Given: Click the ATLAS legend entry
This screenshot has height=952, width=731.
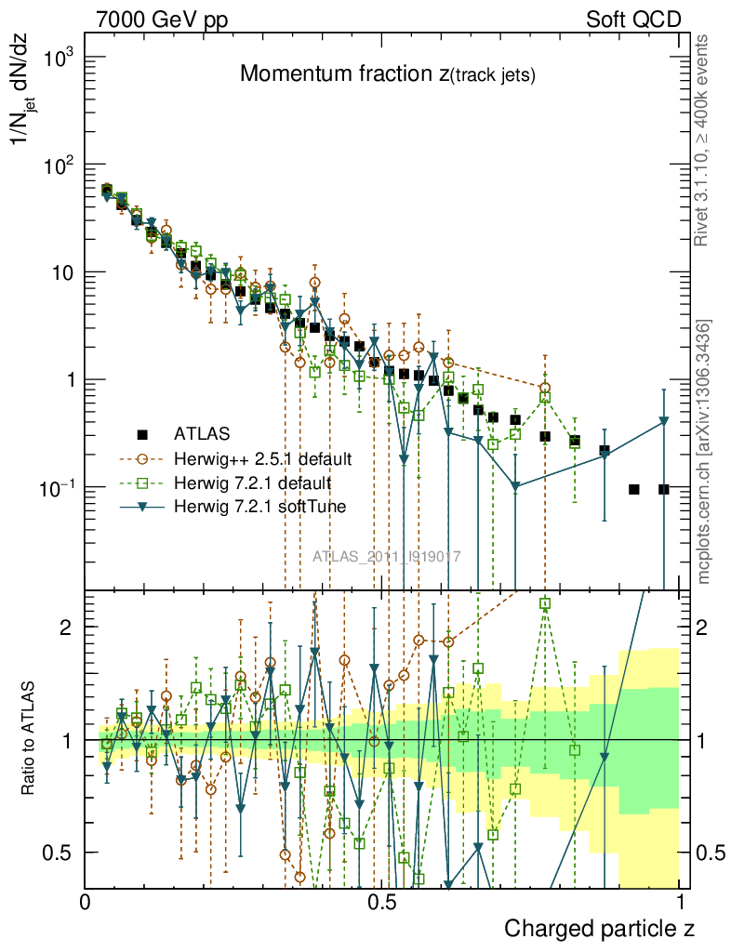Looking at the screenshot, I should [200, 433].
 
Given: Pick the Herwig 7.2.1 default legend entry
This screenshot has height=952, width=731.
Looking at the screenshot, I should [251, 483].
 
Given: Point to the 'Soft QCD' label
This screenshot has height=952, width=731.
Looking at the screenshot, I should [633, 19].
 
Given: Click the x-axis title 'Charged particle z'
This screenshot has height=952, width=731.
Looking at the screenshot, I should [599, 928].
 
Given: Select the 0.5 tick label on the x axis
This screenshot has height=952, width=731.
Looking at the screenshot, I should [381, 902].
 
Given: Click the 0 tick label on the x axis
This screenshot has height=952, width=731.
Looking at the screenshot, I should [86, 902].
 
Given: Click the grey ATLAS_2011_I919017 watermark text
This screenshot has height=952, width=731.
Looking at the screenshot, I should [386, 557].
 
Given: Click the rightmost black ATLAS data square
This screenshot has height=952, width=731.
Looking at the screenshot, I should [664, 489].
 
